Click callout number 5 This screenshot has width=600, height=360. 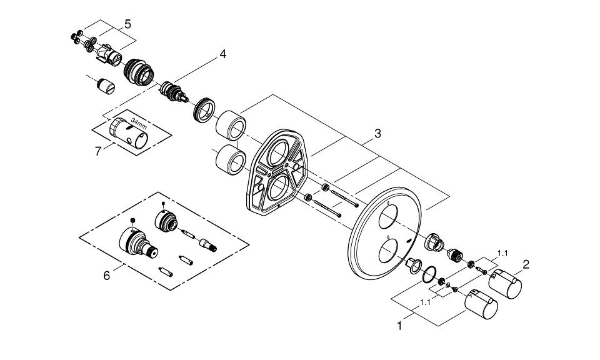pyautogui.click(x=127, y=24)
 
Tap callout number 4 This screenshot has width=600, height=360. pyautogui.click(x=222, y=54)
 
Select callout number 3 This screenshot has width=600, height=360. pyautogui.click(x=377, y=133)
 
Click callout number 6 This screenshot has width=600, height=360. pyautogui.click(x=106, y=275)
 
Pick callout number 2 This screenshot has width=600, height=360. pyautogui.click(x=526, y=264)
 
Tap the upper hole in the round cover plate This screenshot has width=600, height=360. pyautogui.click(x=388, y=218)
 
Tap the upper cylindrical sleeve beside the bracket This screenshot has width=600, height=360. pyautogui.click(x=229, y=124)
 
